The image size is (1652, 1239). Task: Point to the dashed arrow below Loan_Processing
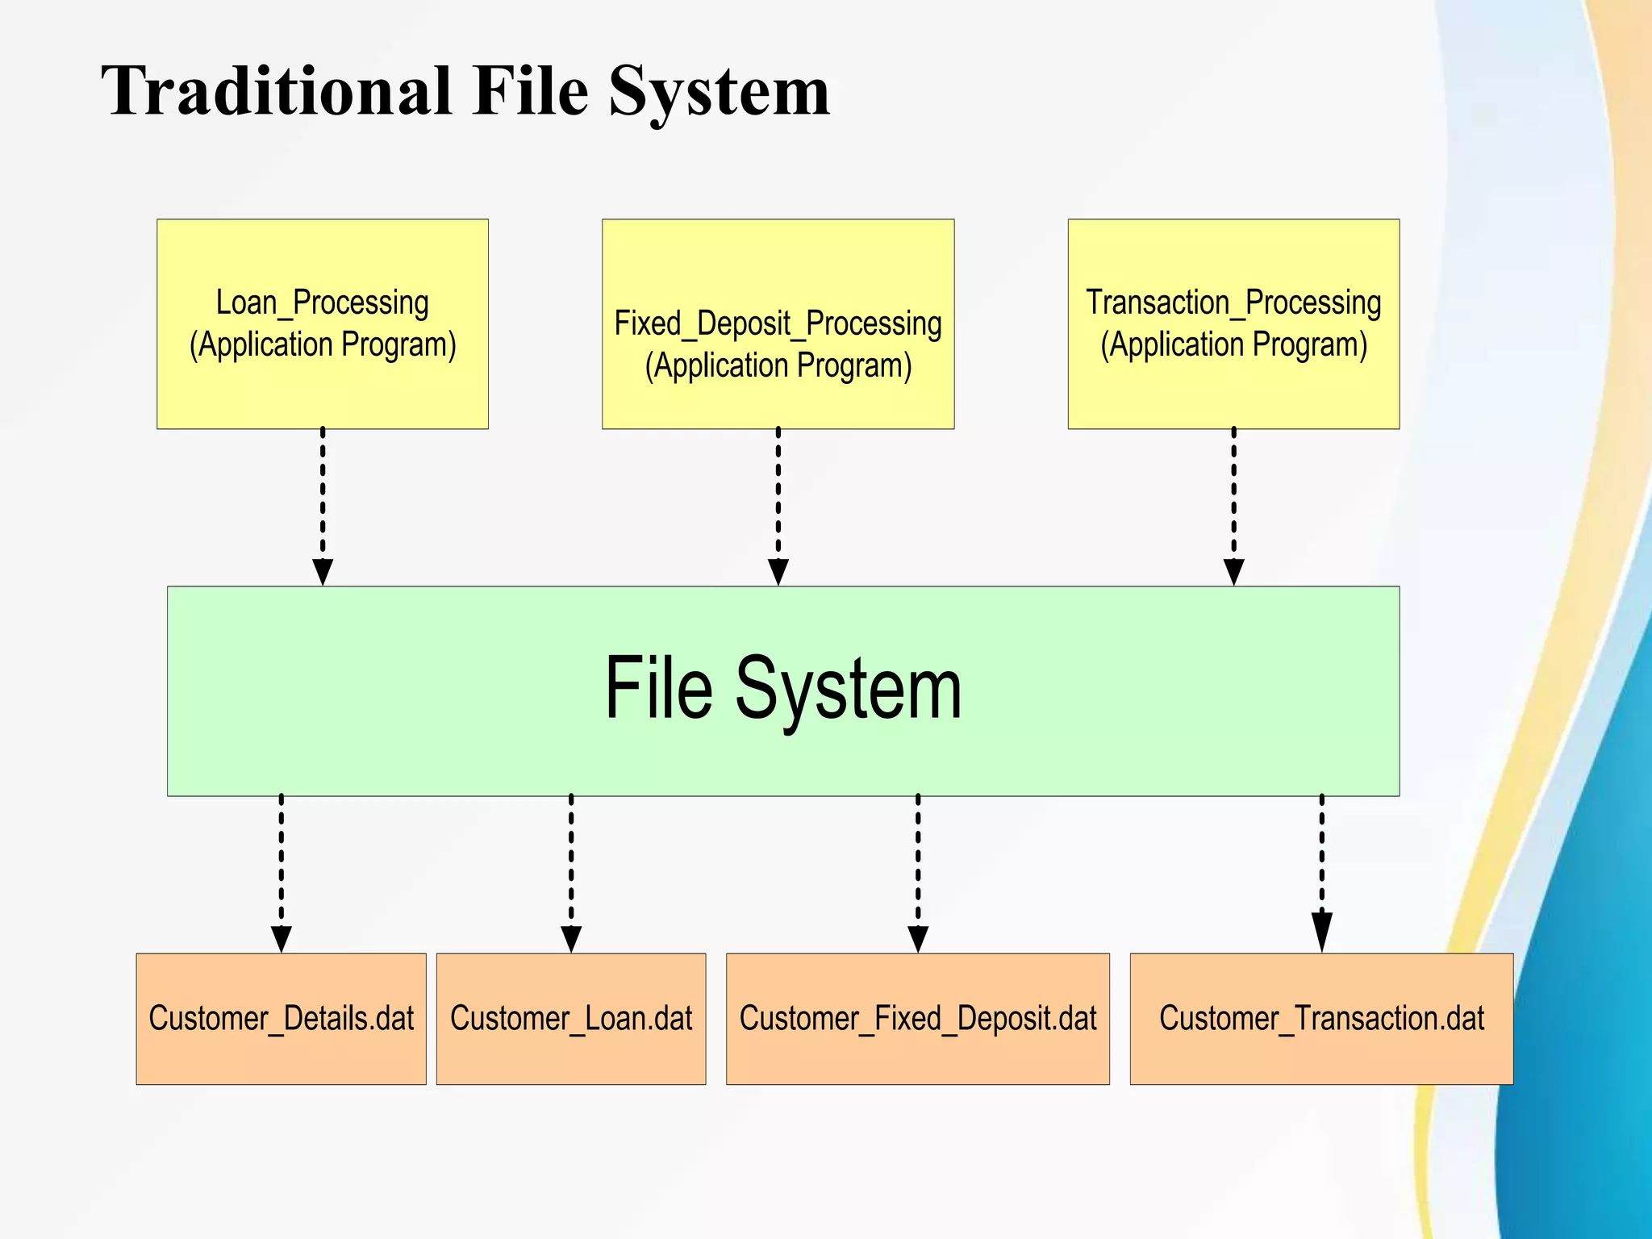323,500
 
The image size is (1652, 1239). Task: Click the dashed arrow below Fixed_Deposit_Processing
778,500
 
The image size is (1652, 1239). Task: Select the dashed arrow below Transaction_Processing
1233,500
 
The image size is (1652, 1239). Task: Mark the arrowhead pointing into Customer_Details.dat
281,937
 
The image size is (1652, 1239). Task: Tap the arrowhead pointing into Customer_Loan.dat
571,937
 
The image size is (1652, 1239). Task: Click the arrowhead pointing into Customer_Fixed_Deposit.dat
918,937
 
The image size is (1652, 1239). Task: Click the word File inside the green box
658,688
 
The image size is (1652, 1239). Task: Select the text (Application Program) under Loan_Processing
323,345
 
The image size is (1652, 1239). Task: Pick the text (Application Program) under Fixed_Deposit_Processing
778,366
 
